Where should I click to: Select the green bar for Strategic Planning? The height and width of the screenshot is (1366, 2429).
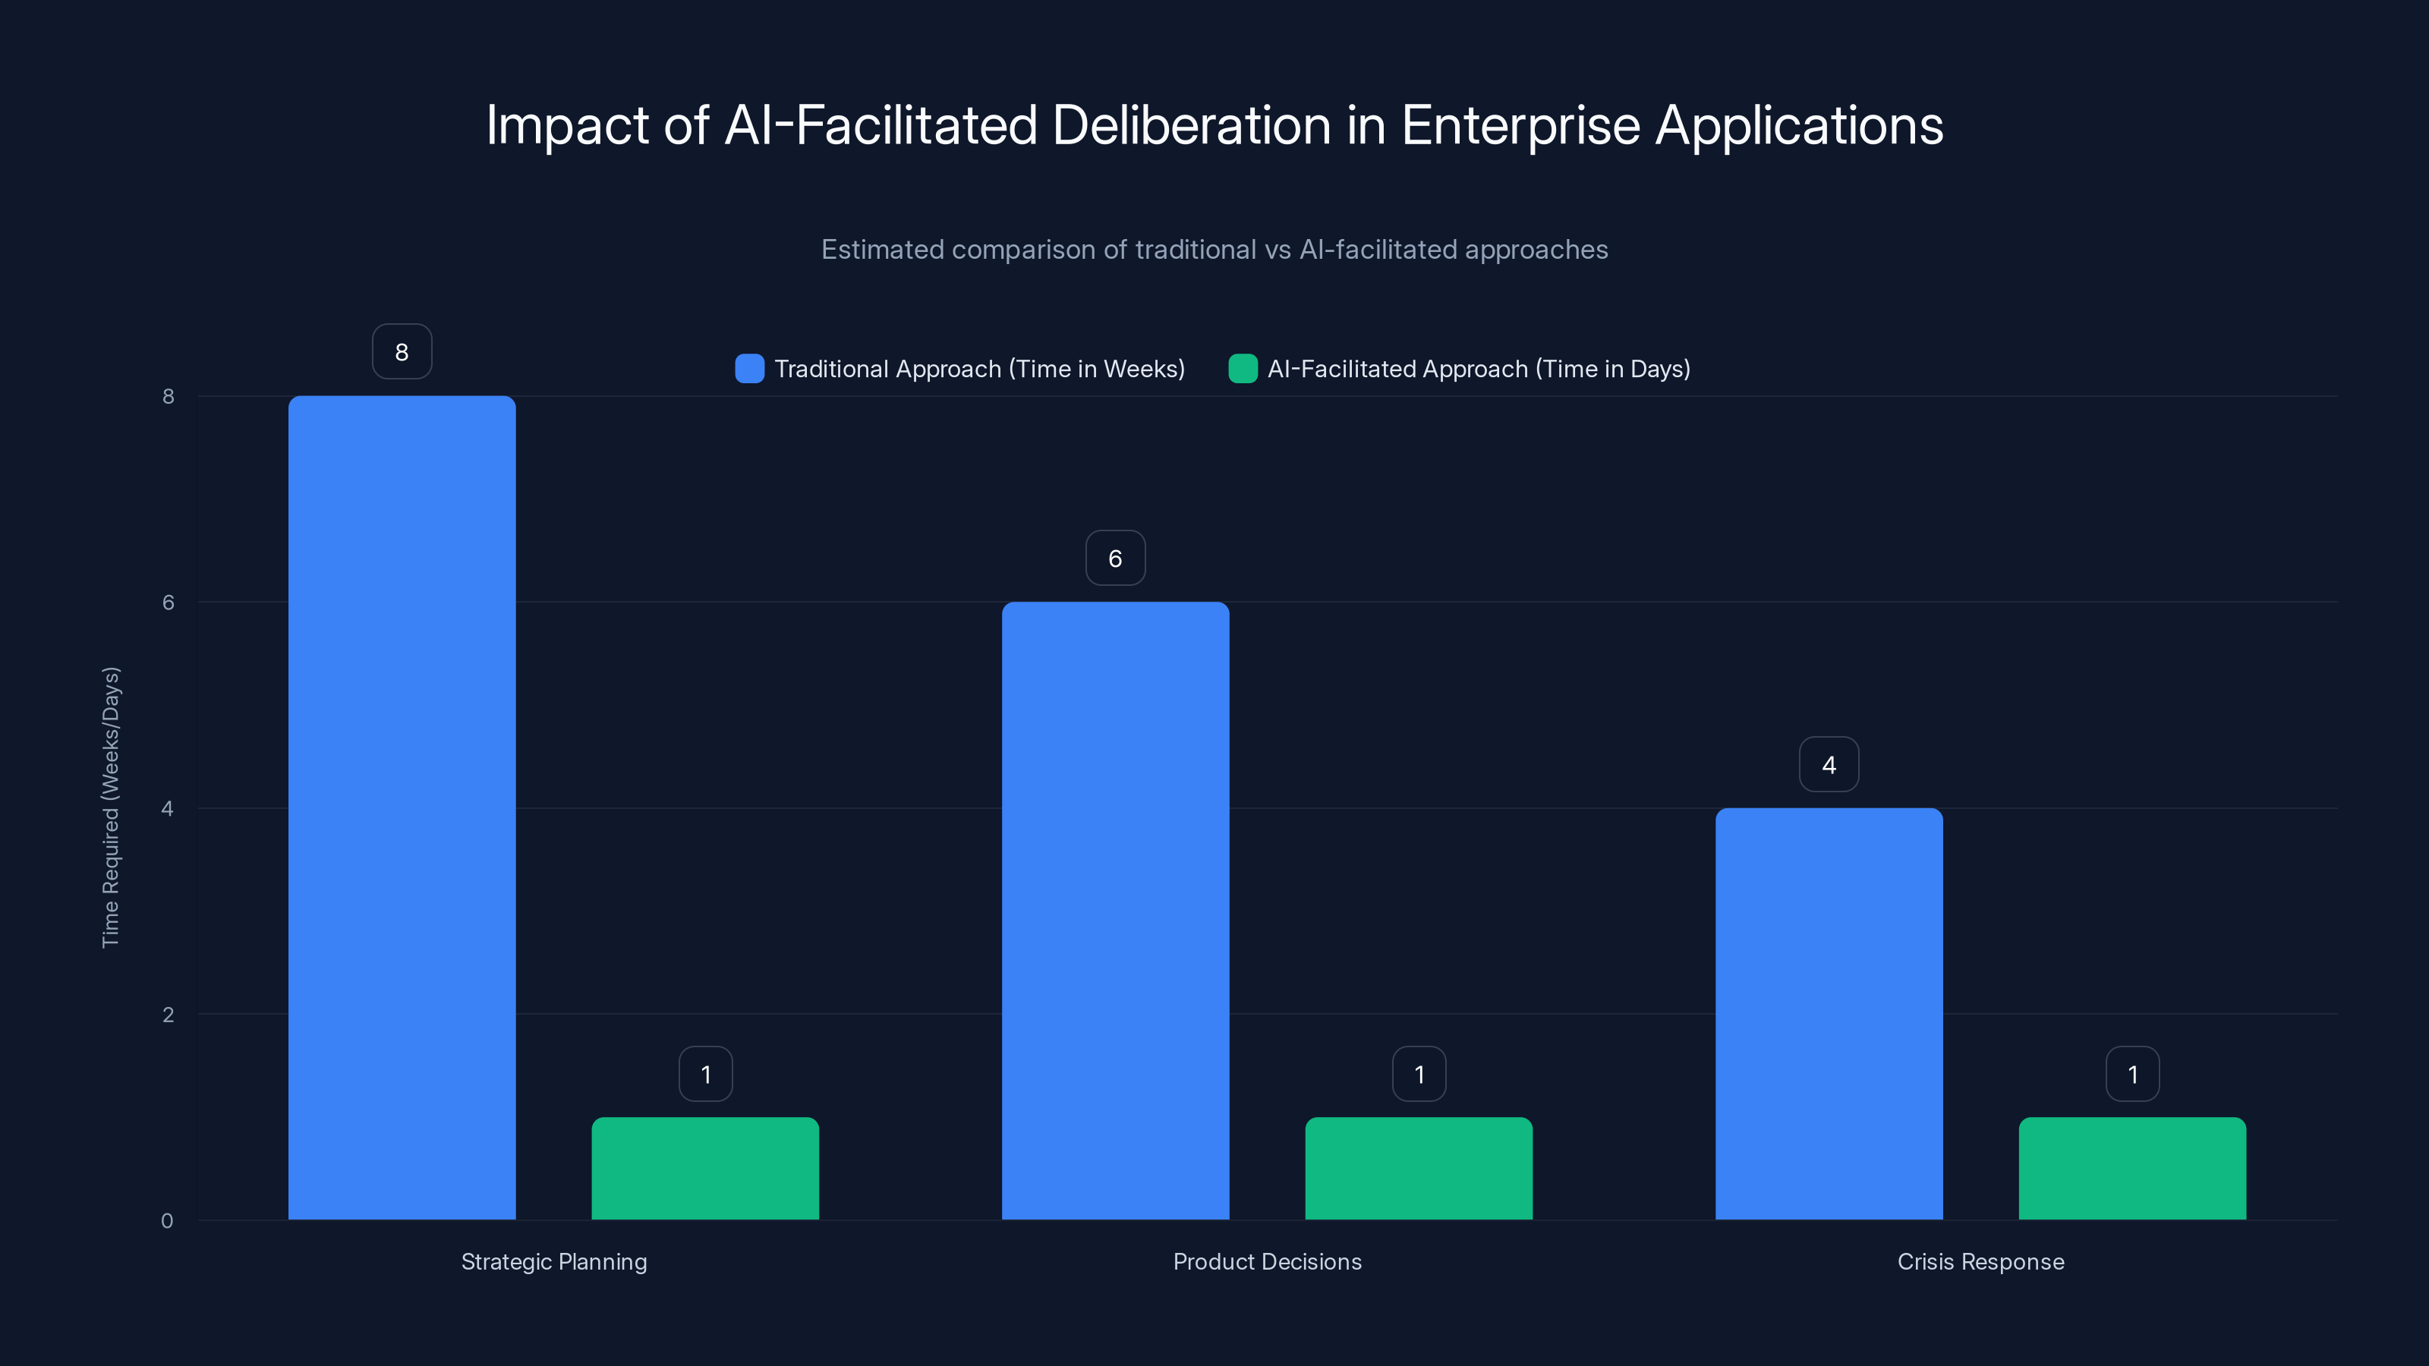click(705, 1168)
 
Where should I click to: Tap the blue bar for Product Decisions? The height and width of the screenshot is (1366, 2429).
click(1116, 910)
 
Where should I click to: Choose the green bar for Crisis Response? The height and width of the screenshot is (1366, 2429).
click(2132, 1168)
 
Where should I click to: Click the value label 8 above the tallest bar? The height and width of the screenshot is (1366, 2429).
click(402, 351)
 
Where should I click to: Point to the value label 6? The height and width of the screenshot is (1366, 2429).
click(1116, 558)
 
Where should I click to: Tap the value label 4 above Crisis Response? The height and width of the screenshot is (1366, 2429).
click(1829, 764)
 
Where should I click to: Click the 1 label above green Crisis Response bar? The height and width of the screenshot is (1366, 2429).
click(2132, 1074)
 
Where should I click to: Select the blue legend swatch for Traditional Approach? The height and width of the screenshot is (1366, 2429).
click(750, 369)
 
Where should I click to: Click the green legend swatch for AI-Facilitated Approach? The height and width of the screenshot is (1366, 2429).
click(1243, 369)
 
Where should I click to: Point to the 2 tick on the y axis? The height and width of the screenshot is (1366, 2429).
click(168, 1015)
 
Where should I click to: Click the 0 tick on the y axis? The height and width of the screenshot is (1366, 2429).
click(167, 1221)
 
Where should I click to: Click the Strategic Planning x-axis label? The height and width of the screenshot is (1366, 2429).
click(553, 1261)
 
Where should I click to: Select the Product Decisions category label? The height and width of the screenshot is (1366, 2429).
click(1268, 1261)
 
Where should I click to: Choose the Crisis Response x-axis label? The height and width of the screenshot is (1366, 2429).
click(1980, 1261)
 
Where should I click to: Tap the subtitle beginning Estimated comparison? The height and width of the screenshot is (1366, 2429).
click(1214, 249)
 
